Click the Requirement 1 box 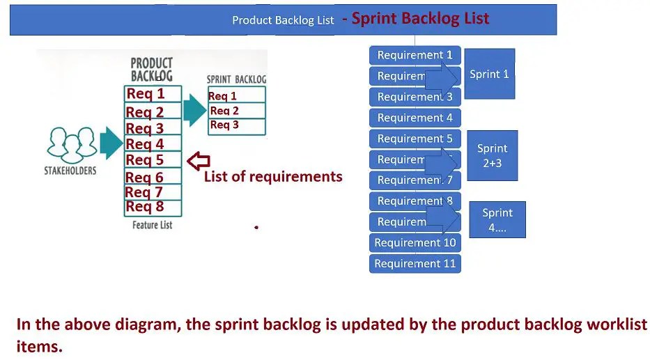[415, 55]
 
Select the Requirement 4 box [415, 118]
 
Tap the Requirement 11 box [415, 264]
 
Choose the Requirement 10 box [415, 243]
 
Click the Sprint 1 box [489, 74]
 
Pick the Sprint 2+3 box [492, 155]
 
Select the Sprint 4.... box [497, 220]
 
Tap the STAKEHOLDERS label [70, 170]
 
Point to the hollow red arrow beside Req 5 [199, 161]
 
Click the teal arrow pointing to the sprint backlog [194, 111]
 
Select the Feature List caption [152, 225]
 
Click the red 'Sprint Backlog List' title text [420, 19]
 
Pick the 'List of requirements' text [272, 177]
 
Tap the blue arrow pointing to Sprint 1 [442, 76]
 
